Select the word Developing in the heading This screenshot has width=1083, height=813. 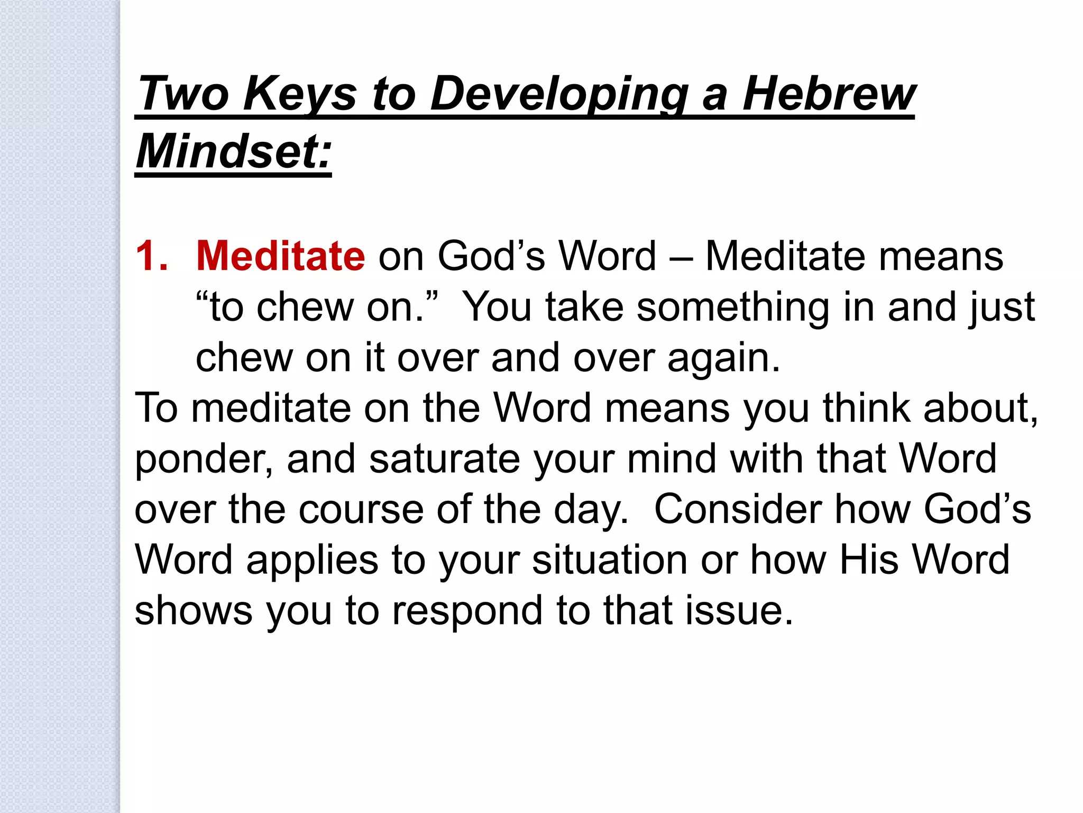coord(559,94)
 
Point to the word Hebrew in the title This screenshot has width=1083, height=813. coord(829,94)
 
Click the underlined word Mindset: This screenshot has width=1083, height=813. coord(233,152)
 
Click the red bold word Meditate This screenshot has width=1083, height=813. coord(280,256)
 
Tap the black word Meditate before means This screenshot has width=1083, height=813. coord(786,256)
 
